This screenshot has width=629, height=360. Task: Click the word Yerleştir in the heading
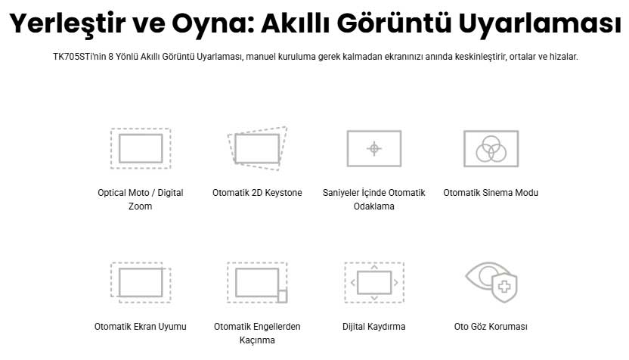[67, 23]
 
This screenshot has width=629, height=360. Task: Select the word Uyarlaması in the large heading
[540, 23]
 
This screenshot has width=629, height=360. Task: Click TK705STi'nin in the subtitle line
[79, 57]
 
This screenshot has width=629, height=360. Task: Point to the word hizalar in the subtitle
[563, 57]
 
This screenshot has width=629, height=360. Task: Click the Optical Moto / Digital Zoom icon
[141, 148]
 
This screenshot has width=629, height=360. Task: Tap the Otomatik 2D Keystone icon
[257, 148]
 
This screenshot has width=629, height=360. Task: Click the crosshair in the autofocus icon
[374, 148]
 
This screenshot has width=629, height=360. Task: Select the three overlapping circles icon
[491, 148]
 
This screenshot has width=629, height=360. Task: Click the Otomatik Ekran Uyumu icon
[141, 282]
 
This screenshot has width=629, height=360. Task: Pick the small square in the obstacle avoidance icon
[283, 296]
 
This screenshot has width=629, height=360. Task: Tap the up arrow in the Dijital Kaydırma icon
[374, 267]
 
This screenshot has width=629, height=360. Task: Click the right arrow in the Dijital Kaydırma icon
[395, 283]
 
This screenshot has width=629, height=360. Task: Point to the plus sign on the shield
[504, 286]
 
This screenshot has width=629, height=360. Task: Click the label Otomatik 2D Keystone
[257, 193]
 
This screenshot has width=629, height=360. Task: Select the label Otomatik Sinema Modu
[491, 193]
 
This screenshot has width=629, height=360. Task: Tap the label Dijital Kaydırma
[374, 327]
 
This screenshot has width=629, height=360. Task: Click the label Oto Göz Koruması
[491, 327]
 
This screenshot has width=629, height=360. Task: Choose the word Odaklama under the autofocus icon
[374, 206]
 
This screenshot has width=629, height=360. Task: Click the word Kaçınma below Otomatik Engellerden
[257, 340]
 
